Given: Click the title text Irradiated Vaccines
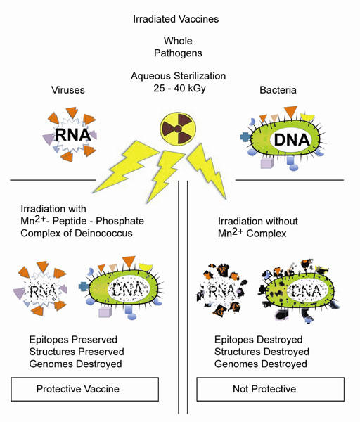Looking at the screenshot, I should tap(180, 18).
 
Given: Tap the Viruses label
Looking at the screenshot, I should tap(69, 89).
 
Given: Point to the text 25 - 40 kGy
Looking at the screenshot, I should tap(179, 87).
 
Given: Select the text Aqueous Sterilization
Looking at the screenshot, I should tap(179, 75).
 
